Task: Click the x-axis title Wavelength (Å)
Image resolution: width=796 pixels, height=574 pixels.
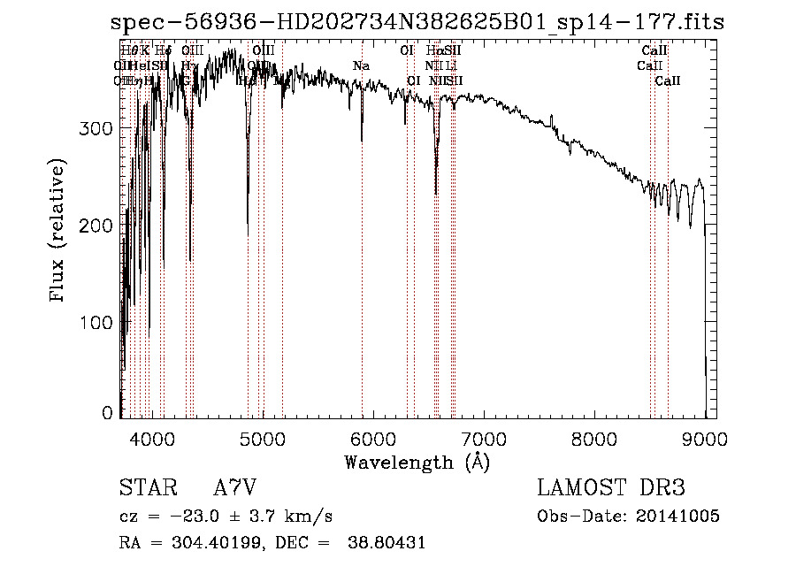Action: [417, 462]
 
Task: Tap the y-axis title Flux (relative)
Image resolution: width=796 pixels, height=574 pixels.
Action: [58, 232]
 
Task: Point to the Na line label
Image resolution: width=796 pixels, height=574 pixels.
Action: [361, 66]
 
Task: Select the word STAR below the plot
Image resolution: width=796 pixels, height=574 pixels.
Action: [144, 488]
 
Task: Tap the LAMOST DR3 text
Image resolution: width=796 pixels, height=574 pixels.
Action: [611, 488]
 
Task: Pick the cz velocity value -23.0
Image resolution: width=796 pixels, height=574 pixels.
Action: [190, 516]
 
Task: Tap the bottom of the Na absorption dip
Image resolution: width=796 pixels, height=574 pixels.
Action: [362, 140]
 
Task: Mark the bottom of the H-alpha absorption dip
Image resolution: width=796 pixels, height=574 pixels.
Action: [436, 193]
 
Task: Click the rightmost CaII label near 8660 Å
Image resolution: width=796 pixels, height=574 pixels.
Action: [668, 81]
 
